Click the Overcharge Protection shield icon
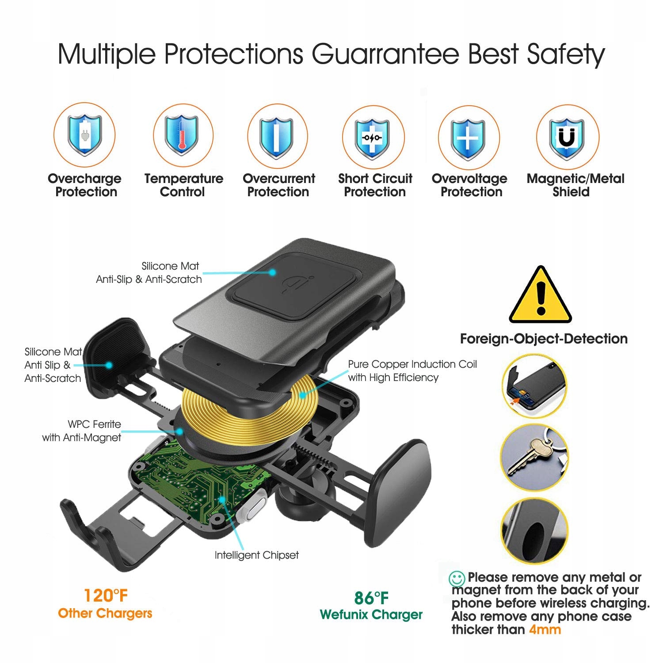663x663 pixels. (84, 135)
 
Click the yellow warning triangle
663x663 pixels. (540, 294)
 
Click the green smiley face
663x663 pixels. (457, 579)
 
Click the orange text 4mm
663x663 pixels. (545, 629)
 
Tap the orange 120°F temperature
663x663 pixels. (106, 595)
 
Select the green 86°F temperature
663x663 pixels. (371, 598)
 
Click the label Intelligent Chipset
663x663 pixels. (257, 555)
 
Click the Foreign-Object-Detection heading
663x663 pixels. (544, 339)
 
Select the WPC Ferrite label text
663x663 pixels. (94, 424)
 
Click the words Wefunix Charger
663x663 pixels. (371, 615)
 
